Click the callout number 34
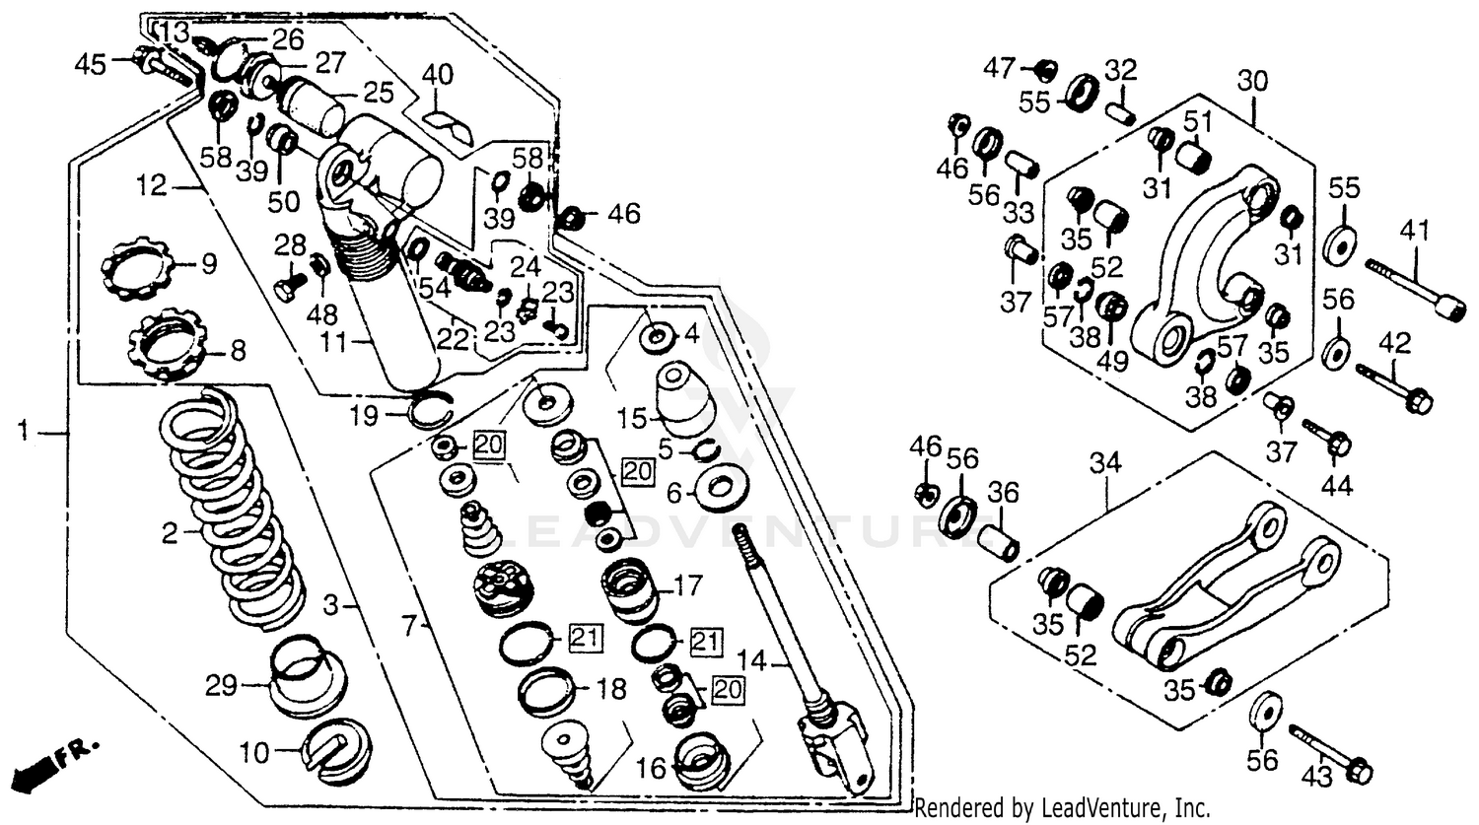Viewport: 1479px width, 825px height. tap(1105, 461)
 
